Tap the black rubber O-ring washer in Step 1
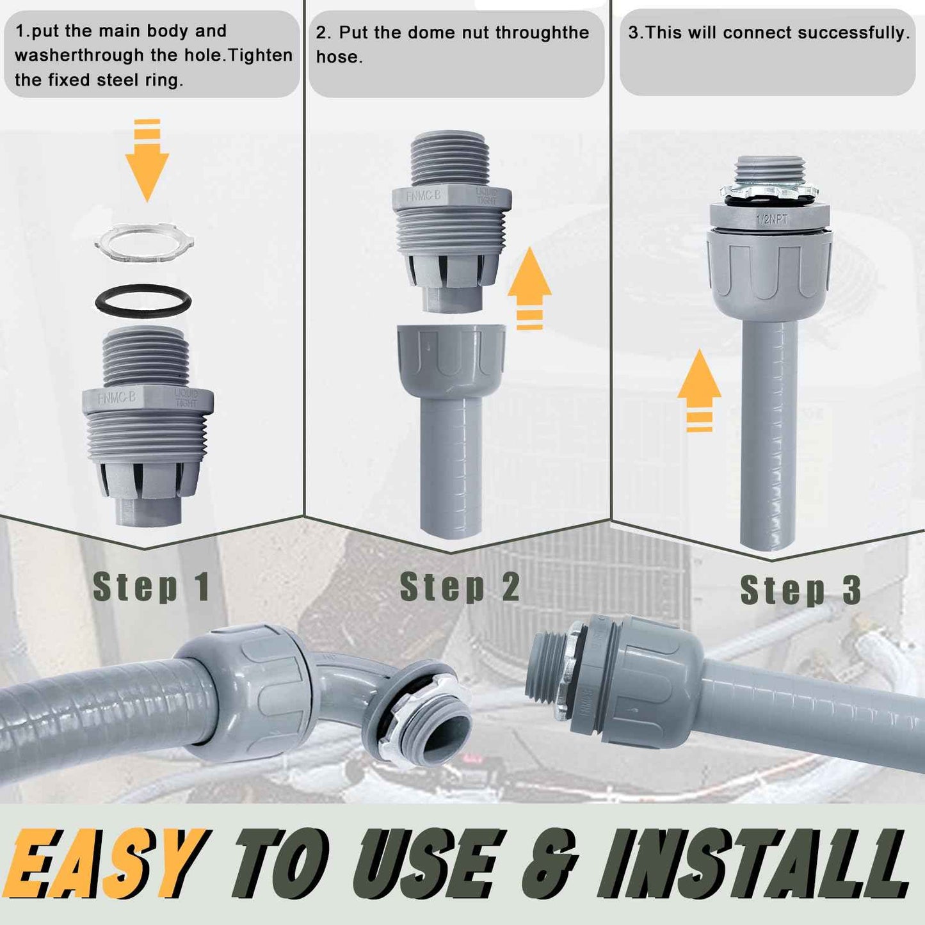point(143,300)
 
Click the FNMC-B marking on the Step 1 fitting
point(117,398)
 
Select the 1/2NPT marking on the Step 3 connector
point(772,220)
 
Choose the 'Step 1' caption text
point(151,587)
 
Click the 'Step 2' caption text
point(460,587)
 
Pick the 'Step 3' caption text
point(800,590)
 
